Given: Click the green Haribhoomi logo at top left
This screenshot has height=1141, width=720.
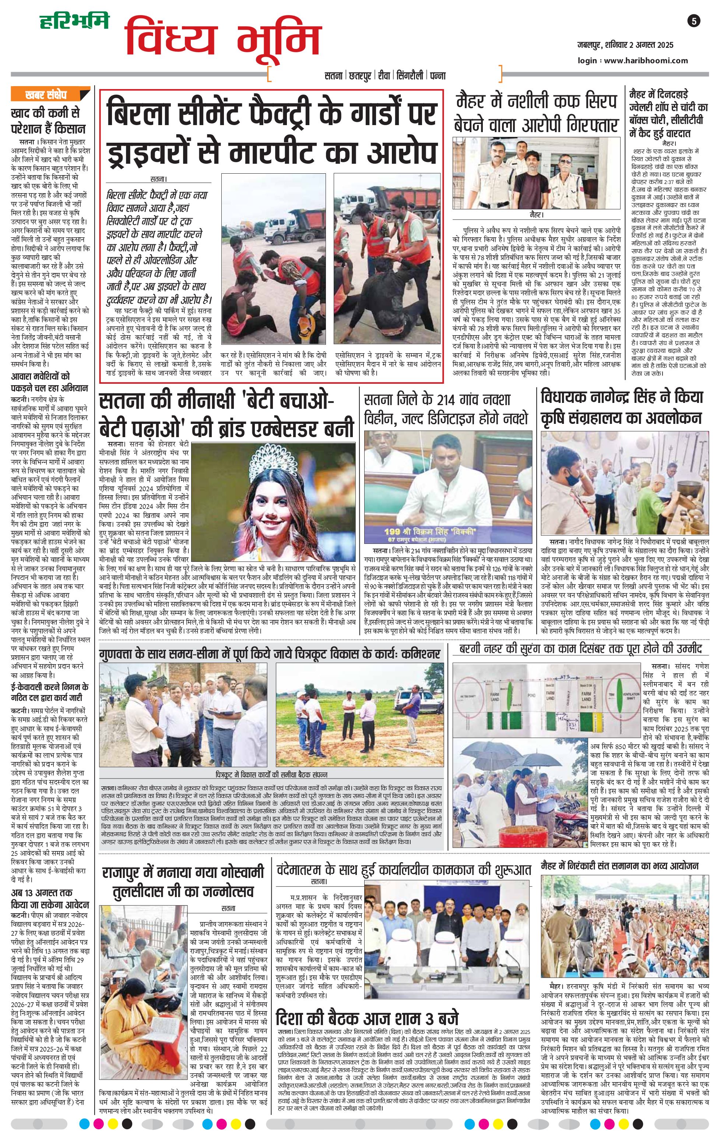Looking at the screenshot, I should pyautogui.click(x=74, y=21).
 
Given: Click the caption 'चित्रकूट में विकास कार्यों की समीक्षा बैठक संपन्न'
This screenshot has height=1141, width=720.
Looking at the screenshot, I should pyautogui.click(x=271, y=775).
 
